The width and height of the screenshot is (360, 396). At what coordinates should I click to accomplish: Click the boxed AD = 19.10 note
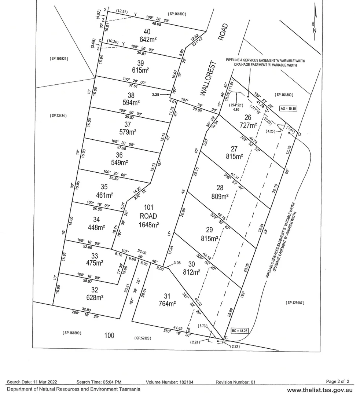(x=288, y=109)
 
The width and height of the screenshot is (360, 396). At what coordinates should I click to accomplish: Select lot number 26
(x=247, y=118)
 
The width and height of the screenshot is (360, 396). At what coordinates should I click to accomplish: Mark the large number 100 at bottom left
(x=109, y=335)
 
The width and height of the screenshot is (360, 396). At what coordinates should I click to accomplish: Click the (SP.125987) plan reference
(x=295, y=303)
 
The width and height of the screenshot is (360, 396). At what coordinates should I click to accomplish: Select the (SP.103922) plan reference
(x=59, y=59)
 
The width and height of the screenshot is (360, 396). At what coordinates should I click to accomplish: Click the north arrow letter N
(x=314, y=30)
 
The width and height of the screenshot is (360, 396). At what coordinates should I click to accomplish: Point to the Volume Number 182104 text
(x=169, y=382)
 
